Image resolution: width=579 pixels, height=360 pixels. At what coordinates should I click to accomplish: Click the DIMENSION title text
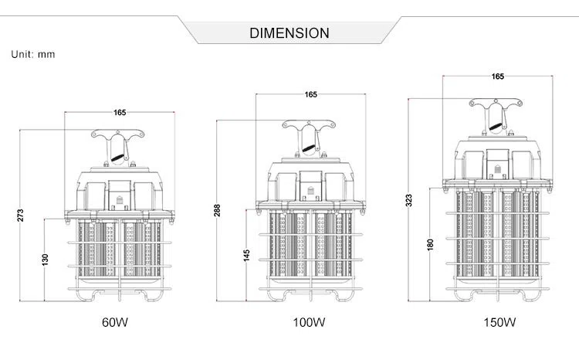(289, 33)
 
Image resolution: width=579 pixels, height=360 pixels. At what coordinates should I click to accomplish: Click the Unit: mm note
(32, 55)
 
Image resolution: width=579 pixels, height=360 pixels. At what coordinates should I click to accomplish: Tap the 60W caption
(114, 322)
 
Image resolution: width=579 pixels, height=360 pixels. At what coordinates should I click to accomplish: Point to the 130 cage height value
(46, 261)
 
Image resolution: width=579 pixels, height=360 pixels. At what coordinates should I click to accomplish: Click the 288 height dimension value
(217, 209)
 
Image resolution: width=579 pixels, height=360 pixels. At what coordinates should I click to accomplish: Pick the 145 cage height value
(246, 256)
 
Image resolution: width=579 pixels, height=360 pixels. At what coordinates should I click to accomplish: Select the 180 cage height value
(431, 244)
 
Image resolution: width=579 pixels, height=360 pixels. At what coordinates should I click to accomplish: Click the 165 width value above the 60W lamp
(120, 113)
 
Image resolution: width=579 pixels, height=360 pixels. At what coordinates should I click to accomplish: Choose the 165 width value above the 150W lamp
(498, 76)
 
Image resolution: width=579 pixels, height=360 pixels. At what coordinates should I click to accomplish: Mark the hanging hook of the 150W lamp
(496, 116)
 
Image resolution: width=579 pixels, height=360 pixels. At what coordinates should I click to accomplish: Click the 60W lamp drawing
(120, 224)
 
